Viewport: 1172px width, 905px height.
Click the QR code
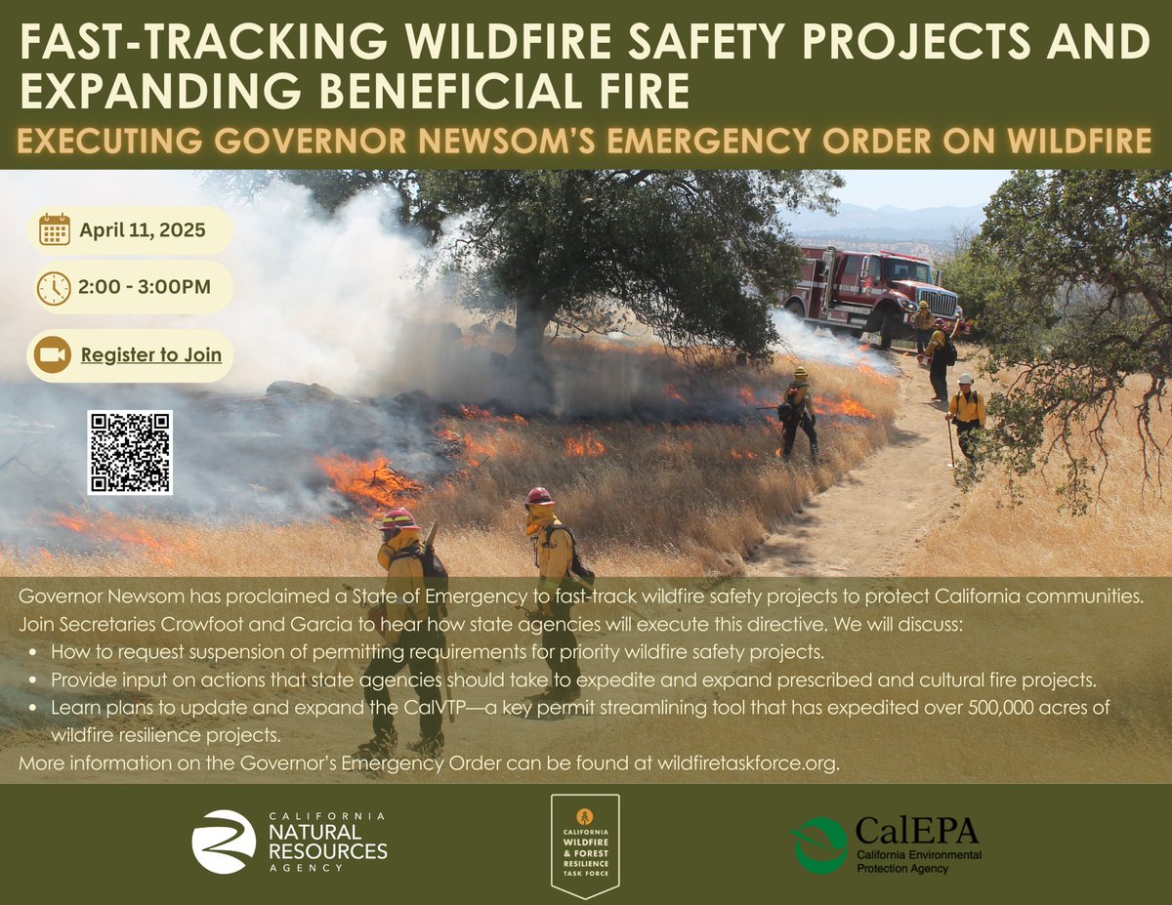130,452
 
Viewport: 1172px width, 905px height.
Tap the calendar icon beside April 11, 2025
54,230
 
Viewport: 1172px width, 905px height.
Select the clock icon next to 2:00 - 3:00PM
54,287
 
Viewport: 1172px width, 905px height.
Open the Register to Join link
151,355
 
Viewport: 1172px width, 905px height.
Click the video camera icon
52,355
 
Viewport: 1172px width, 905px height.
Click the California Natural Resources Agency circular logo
224,841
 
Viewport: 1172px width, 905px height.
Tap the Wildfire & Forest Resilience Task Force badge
585,843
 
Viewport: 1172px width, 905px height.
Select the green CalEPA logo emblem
819,843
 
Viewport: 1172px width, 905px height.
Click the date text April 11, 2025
143,230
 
